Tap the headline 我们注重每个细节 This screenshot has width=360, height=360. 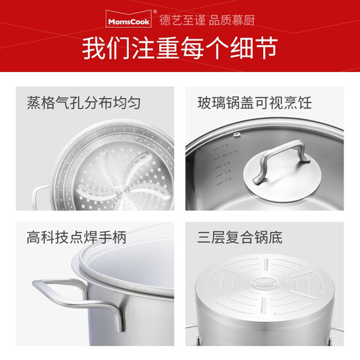pyautogui.click(x=179, y=47)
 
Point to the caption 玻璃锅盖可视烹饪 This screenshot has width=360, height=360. pyautogui.click(x=255, y=105)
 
